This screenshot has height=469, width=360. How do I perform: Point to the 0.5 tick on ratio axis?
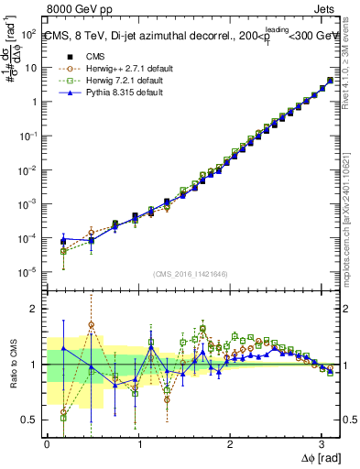(30, 420)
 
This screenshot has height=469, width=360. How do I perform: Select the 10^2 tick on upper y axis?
(28, 33)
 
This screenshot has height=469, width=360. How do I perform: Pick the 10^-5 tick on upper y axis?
(28, 272)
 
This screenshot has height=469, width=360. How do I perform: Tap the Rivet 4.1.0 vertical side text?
(352, 64)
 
